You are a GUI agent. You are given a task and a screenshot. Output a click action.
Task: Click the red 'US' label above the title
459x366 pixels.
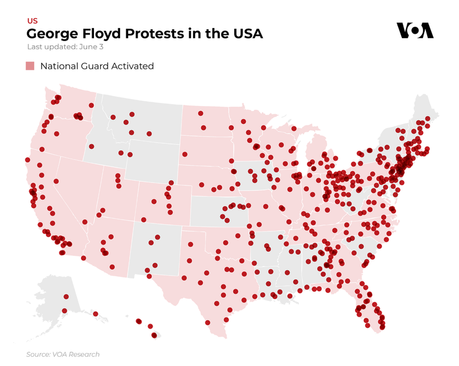coord(32,21)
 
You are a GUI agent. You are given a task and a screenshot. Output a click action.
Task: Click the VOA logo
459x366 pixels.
coord(415,31)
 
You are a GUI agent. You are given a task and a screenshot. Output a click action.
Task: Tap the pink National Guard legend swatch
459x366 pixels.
coord(30,66)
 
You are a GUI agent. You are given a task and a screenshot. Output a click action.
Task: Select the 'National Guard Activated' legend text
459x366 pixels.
coord(97,66)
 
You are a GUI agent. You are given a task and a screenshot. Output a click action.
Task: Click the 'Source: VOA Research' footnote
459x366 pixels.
coord(62,354)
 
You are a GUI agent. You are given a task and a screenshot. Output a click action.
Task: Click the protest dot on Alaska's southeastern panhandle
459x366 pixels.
coord(95,314)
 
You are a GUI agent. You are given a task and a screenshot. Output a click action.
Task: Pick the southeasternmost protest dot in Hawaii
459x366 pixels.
coord(154,335)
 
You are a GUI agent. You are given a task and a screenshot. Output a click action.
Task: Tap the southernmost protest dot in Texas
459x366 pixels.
coord(207,323)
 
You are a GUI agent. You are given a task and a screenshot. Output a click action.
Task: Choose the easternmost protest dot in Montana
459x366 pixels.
coord(149,133)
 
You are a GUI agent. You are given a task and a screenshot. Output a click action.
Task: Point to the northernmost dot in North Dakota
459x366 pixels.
coord(201,113)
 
